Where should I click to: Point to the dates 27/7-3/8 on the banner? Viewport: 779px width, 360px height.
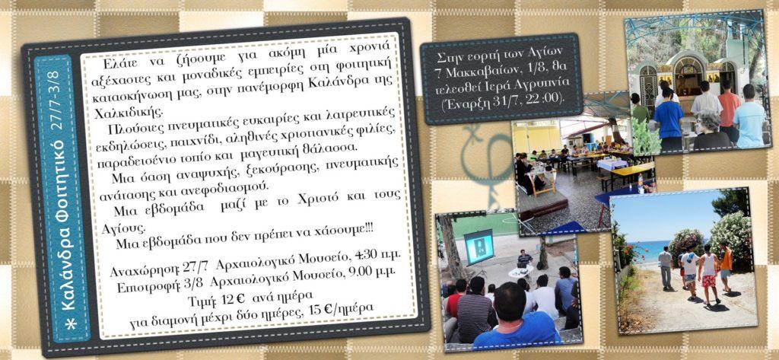56,100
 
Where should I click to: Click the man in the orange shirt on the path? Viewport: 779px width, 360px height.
726,267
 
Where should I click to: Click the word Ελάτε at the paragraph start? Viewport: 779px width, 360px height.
119,64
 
